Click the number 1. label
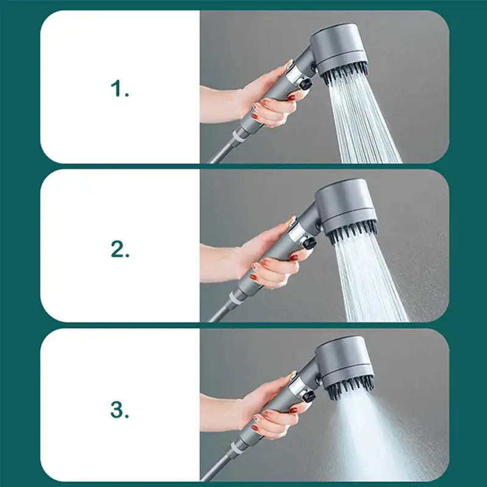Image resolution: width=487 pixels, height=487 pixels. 120,89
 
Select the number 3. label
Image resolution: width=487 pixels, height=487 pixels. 120,409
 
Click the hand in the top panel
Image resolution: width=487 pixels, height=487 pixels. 268,100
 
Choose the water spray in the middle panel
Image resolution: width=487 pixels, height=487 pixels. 371,280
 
